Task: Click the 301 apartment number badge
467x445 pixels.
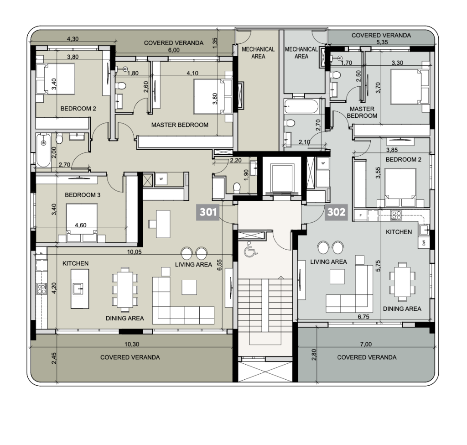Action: [x=208, y=212]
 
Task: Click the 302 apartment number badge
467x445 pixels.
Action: [x=336, y=212]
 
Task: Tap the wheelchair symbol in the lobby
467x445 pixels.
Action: [x=250, y=250]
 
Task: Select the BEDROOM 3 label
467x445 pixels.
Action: [x=83, y=195]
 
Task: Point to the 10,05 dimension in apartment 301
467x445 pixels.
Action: [x=134, y=252]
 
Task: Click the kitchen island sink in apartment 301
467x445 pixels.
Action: [x=79, y=288]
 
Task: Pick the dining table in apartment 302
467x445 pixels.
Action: [x=402, y=282]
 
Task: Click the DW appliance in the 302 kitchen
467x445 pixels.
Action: [x=424, y=243]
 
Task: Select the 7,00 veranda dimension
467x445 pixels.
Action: [x=366, y=344]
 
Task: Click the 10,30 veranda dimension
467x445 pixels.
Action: [x=132, y=344]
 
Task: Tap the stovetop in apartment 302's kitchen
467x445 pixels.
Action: [x=396, y=215]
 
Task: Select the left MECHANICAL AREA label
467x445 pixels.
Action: [x=258, y=53]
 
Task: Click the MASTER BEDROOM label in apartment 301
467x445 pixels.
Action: [x=180, y=125]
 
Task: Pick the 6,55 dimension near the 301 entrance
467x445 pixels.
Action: [x=219, y=265]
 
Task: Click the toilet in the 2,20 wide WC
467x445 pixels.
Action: [x=237, y=188]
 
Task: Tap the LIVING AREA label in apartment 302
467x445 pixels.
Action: [x=328, y=262]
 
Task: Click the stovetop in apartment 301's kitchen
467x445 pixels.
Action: [x=42, y=289]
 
